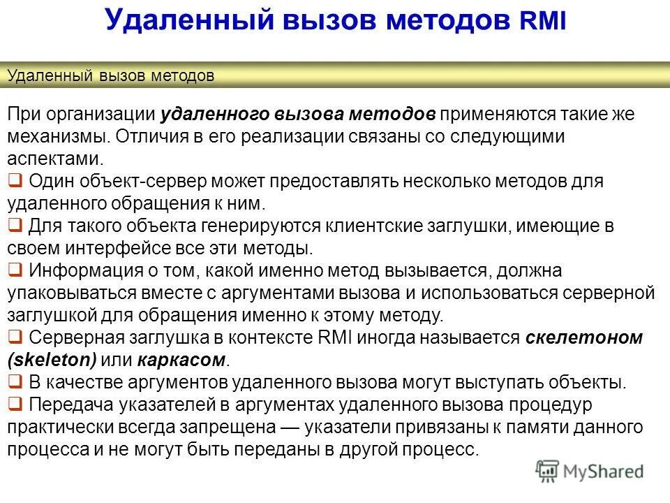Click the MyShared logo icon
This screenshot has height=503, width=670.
click(x=547, y=470)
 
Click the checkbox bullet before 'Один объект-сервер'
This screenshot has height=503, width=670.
click(x=15, y=181)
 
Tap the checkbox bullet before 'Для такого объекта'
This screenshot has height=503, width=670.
click(x=15, y=226)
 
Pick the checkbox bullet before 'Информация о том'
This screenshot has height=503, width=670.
click(x=15, y=270)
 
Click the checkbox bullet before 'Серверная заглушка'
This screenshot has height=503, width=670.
click(x=15, y=337)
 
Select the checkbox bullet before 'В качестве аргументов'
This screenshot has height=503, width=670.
click(x=15, y=382)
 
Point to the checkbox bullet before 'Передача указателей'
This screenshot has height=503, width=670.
click(x=15, y=404)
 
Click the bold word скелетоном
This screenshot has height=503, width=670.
click(x=583, y=338)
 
